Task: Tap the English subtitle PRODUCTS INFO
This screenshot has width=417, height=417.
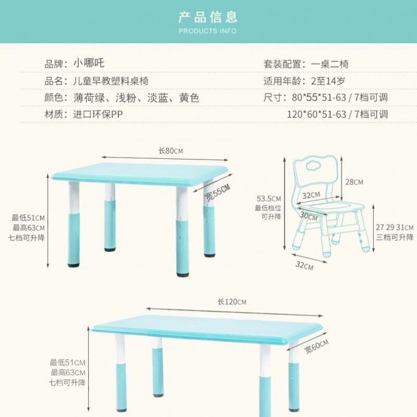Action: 208,31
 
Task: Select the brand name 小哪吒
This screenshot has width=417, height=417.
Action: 89,64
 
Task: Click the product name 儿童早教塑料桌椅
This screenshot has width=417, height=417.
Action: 111,81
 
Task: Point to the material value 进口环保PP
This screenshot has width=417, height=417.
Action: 98,114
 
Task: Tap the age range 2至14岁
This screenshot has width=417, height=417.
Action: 327,81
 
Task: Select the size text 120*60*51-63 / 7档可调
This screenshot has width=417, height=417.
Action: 338,114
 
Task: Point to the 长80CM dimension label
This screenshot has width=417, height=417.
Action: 171,151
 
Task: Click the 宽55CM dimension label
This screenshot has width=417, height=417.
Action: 217,192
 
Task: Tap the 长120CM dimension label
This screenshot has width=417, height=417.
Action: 232,302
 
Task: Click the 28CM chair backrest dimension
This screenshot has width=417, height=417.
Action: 354,181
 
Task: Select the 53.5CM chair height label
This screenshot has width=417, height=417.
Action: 269,199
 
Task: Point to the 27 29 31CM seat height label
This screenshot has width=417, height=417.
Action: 395,228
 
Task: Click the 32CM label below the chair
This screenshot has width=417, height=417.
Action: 304,266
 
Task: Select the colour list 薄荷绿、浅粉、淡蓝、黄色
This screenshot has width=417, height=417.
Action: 137,97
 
